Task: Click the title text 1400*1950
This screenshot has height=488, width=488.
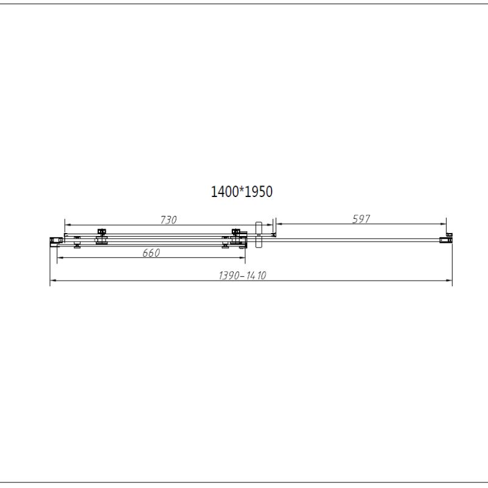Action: point(241,192)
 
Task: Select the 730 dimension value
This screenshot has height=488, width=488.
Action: point(168,220)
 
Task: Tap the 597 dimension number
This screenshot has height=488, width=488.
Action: point(362,219)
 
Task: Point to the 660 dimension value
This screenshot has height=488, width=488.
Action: point(151,253)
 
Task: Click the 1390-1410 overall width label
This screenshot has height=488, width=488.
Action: point(243,276)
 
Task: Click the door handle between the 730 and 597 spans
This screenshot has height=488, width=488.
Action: point(259,234)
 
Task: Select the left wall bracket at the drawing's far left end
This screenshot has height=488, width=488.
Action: point(54,239)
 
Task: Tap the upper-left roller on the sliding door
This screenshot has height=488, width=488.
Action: point(101,232)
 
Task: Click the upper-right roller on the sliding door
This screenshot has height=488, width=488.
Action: point(235,232)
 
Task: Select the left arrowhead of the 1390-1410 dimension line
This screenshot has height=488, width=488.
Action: point(52,281)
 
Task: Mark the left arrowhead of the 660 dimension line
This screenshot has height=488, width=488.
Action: point(59,258)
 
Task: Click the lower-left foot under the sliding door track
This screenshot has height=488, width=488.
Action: point(77,246)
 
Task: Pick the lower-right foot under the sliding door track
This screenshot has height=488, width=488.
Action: point(226,246)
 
